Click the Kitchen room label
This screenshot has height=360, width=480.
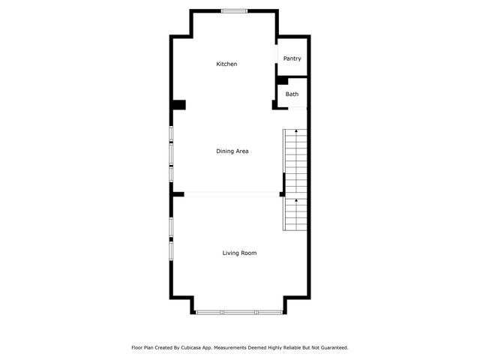click(226, 64)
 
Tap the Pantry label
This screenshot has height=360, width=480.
click(292, 58)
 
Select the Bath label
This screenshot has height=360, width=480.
click(292, 94)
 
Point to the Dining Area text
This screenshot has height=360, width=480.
click(232, 151)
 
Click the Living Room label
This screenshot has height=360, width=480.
click(239, 253)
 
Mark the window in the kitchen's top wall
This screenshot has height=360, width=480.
click(233, 10)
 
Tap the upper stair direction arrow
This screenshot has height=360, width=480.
click(297, 133)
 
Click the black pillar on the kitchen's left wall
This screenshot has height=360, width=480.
click(178, 105)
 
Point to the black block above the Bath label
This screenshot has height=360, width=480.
click(282, 80)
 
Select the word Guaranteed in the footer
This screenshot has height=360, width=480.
click(331, 348)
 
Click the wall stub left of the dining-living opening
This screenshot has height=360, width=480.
click(178, 194)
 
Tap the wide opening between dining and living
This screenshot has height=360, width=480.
click(232, 194)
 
